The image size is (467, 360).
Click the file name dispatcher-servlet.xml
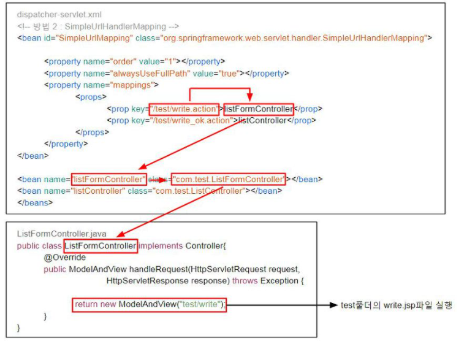[x=59, y=14]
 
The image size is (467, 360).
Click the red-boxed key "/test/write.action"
[x=183, y=109]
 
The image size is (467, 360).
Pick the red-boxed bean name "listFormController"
[x=109, y=180]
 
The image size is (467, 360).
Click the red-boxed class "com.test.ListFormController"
[x=228, y=180]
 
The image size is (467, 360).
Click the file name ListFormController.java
[x=61, y=234]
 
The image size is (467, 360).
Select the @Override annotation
[x=64, y=258]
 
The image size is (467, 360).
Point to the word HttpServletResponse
[x=143, y=281]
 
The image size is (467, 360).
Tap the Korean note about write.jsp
[x=397, y=305]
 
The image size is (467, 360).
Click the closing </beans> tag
[x=34, y=203]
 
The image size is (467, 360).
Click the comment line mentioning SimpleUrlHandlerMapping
[x=98, y=26]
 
